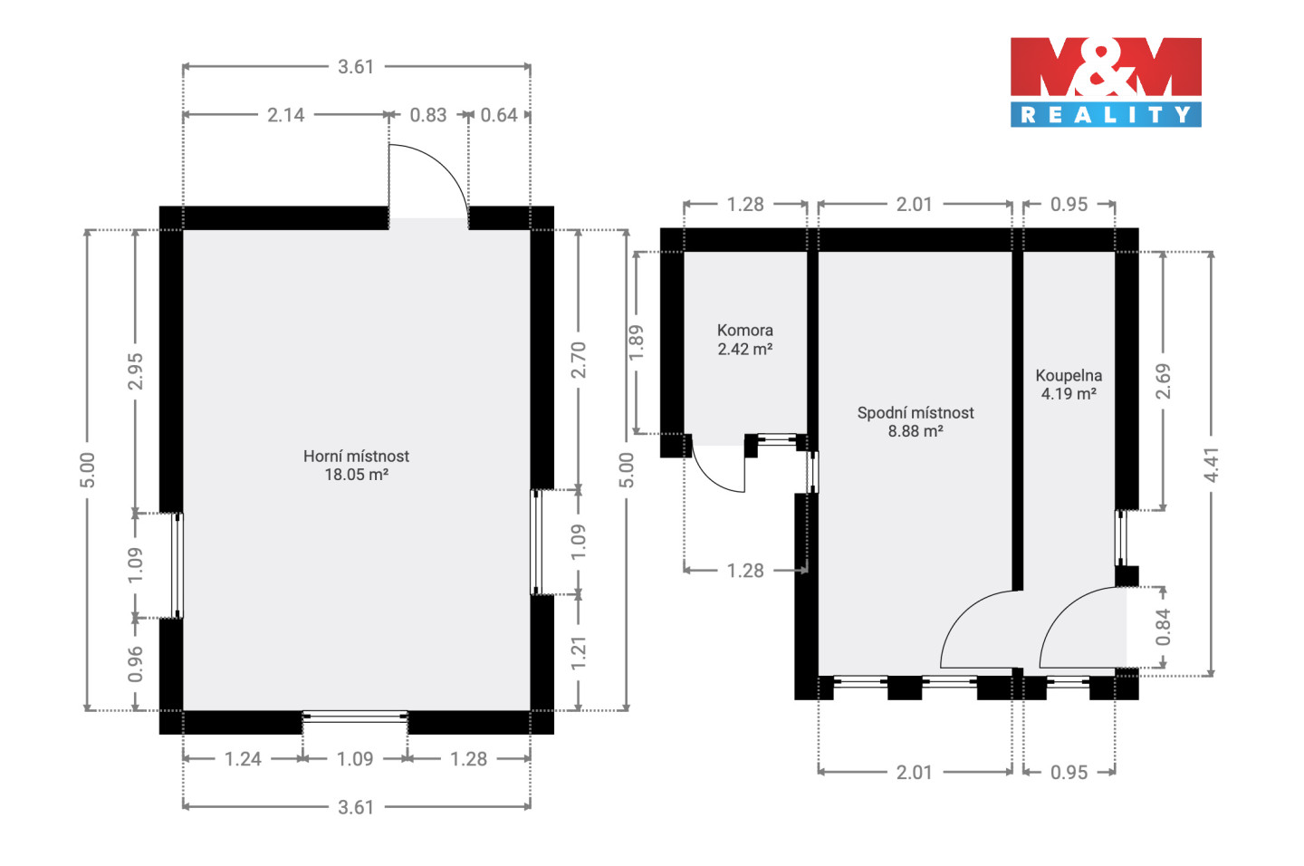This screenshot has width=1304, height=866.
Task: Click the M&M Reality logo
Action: [1106, 82]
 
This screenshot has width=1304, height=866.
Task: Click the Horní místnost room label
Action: [356, 456]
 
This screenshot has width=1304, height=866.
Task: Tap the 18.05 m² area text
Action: [356, 475]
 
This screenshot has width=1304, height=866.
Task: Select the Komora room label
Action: [744, 331]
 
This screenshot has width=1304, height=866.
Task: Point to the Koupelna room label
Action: [1069, 376]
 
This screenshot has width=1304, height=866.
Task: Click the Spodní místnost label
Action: [916, 413]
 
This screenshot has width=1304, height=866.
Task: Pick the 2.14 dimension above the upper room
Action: [286, 115]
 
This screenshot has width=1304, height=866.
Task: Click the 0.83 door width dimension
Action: [427, 115]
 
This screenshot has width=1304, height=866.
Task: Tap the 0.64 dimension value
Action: [499, 115]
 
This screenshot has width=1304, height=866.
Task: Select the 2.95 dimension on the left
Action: [135, 371]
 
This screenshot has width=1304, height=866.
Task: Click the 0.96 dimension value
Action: [135, 664]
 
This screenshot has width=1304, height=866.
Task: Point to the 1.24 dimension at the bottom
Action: [243, 759]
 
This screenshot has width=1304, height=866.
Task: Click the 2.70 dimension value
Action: [578, 360]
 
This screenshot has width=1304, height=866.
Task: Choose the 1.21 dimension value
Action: [578, 653]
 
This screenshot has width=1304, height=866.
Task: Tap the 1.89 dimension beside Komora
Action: [636, 342]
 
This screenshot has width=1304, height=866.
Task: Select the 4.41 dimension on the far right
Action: [1211, 464]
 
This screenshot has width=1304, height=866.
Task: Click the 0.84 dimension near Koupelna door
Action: [1163, 627]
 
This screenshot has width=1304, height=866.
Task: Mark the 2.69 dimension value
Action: [1163, 381]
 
